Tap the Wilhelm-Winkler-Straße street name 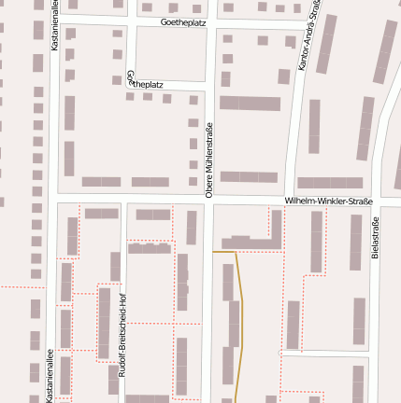329,201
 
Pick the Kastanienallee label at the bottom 49,373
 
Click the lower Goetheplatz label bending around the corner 142,83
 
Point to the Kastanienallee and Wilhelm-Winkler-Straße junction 51,199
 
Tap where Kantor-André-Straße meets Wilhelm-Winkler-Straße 291,201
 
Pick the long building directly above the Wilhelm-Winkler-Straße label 330,183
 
